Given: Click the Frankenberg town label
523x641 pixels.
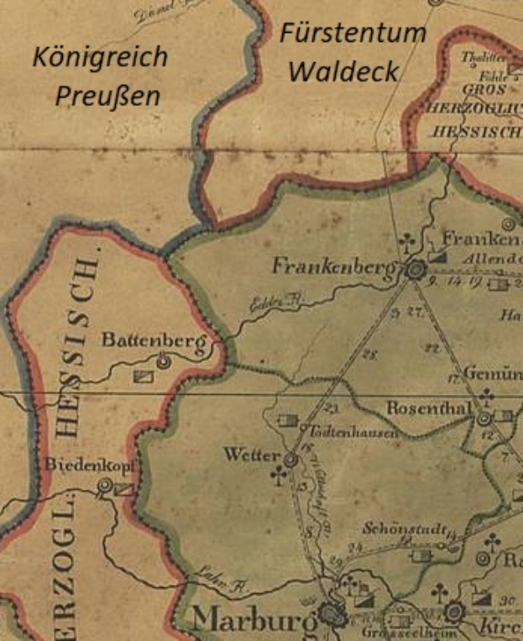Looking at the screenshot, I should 332,266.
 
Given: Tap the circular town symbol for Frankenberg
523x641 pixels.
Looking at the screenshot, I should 413,271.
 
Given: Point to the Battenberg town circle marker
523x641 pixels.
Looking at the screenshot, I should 164,361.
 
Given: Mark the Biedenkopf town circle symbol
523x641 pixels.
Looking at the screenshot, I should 105,485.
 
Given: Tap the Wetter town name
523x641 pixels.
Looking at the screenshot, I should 250,454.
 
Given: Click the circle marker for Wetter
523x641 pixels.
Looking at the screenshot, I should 290,460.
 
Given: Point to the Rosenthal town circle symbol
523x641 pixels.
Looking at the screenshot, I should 484,418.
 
